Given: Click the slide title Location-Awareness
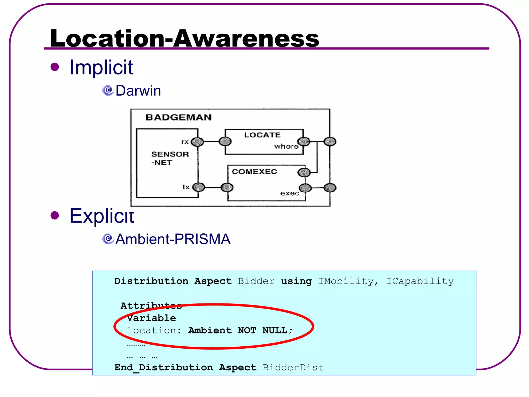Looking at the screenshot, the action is pyautogui.click(x=184, y=38).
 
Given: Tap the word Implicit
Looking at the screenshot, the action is pyautogui.click(x=101, y=67).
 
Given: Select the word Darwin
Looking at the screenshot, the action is pyautogui.click(x=138, y=91).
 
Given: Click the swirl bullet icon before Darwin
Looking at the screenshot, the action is pyautogui.click(x=108, y=90).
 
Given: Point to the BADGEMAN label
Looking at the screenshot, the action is pyautogui.click(x=178, y=117).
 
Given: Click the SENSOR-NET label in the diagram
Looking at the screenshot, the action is pyautogui.click(x=170, y=158).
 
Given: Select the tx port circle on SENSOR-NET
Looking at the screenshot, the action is pyautogui.click(x=199, y=187).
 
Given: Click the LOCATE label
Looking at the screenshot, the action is pyautogui.click(x=262, y=135).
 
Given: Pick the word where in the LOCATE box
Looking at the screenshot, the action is pyautogui.click(x=286, y=147).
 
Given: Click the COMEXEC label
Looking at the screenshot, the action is pyautogui.click(x=254, y=172).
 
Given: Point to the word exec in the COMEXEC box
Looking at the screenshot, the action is pyautogui.click(x=290, y=193).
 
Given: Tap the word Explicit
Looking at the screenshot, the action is pyautogui.click(x=102, y=216).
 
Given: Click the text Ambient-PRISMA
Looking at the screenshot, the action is pyautogui.click(x=173, y=239).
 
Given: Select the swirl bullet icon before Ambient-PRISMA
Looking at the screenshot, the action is pyautogui.click(x=108, y=239).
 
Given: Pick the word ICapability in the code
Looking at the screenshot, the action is pyautogui.click(x=420, y=281).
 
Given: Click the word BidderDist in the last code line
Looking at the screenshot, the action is pyautogui.click(x=293, y=367).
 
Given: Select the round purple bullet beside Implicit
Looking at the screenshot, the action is pyautogui.click(x=55, y=67).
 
